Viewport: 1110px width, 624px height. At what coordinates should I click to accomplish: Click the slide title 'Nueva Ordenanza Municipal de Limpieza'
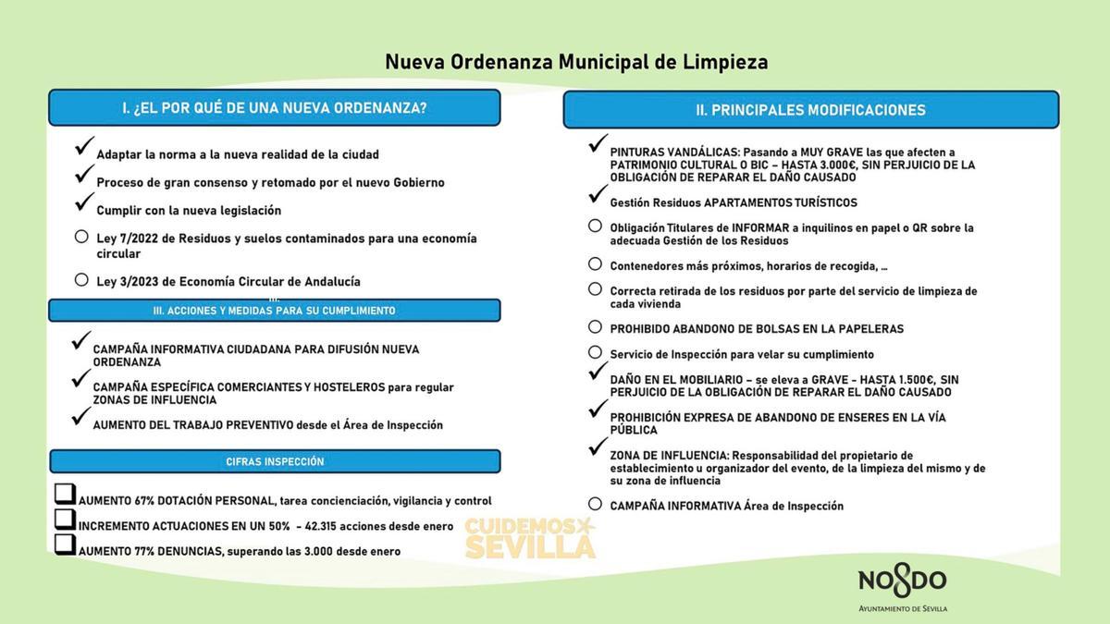[575, 62]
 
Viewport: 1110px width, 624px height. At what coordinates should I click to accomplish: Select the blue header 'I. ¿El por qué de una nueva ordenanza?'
[274, 108]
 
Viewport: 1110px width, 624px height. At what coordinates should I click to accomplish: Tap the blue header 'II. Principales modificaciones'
[810, 110]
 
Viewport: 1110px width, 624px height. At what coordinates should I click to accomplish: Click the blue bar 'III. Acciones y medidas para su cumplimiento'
[274, 311]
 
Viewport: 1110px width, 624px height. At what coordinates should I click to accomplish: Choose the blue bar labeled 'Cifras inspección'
[274, 461]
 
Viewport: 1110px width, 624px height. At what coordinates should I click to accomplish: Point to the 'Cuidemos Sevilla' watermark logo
[529, 537]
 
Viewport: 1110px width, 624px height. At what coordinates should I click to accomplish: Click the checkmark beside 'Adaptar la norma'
[84, 146]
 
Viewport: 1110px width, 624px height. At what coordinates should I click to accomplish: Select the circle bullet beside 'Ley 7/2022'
[81, 237]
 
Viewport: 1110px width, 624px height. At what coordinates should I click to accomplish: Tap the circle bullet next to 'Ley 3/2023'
[81, 279]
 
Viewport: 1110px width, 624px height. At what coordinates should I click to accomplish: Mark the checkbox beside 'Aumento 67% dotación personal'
[65, 495]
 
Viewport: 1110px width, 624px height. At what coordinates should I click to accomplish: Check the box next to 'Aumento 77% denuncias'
[65, 544]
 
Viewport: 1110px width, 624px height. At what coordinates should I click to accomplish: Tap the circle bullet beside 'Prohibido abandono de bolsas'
[595, 326]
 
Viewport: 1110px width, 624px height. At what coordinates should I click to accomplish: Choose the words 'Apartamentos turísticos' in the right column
[780, 202]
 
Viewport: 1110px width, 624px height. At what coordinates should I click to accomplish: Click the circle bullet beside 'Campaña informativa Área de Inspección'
[595, 504]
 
